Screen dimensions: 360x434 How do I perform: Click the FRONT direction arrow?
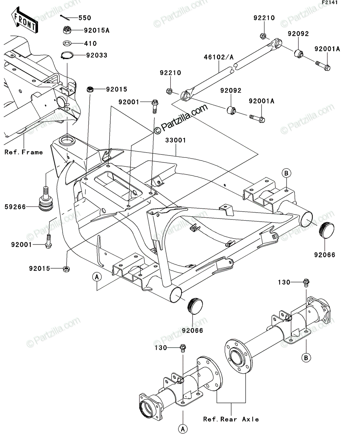(x=25, y=20)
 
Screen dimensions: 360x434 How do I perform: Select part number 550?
(x=85, y=18)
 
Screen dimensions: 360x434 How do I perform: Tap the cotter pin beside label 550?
(x=65, y=18)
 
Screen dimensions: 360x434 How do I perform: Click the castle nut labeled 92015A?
(x=67, y=30)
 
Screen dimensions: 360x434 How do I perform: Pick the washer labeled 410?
(x=67, y=43)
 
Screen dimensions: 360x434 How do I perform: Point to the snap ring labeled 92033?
(x=67, y=55)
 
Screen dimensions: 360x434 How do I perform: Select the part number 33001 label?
(x=176, y=140)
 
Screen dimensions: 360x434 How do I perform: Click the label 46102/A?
(x=219, y=57)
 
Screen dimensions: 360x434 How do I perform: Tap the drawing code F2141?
(x=330, y=3)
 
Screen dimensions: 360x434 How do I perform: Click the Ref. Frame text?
(x=24, y=152)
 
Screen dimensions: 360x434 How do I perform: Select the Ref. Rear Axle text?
(x=231, y=419)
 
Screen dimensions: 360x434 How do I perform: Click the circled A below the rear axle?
(x=183, y=429)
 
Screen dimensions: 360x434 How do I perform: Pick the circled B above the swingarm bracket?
(x=287, y=173)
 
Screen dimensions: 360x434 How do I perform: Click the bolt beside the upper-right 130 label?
(x=306, y=282)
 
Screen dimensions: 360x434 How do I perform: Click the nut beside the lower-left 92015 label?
(x=66, y=269)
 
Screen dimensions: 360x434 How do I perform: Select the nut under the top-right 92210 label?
(x=263, y=36)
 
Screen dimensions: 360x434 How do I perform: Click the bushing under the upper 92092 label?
(x=298, y=54)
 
